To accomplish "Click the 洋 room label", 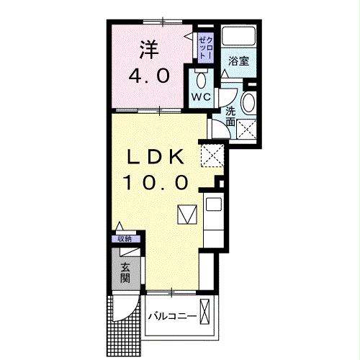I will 148,51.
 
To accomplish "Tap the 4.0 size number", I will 150,76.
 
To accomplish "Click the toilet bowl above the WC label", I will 202,78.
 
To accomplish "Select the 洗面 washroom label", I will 230,117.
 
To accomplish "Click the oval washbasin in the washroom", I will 249,103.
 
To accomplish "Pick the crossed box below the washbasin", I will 248,129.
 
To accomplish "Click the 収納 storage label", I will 125,238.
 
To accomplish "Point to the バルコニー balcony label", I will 172,317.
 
